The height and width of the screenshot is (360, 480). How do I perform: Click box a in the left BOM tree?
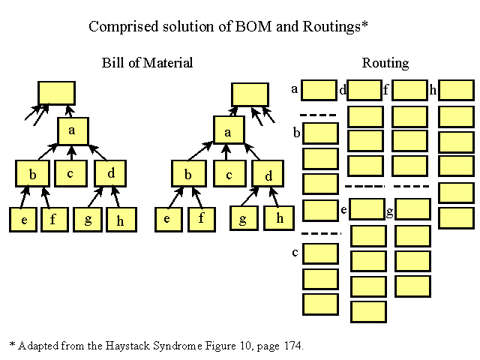(73, 131)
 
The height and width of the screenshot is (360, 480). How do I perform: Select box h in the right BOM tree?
(279, 218)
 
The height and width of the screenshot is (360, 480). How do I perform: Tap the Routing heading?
(385, 63)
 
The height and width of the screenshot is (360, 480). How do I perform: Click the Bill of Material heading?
(147, 63)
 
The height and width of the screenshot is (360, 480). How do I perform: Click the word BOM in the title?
(253, 26)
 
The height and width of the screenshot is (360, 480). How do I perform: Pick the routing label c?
(295, 253)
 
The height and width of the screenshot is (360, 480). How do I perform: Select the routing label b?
(297, 133)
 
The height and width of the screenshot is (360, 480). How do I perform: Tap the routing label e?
(343, 210)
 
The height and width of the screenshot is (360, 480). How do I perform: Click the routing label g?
(390, 211)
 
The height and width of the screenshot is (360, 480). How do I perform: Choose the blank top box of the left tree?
(57, 93)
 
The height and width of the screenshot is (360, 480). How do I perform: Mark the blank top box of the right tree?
(250, 94)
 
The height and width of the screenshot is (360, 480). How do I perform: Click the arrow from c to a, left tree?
(72, 153)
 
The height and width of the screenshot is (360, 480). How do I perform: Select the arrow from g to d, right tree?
(250, 196)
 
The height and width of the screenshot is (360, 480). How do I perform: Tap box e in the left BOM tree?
(23, 220)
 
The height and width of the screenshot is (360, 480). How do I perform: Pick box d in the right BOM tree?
(268, 173)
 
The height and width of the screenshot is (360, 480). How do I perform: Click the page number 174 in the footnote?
(293, 346)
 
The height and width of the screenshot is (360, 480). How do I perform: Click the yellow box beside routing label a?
(319, 90)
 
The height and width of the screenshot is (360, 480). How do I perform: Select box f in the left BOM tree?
(55, 220)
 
